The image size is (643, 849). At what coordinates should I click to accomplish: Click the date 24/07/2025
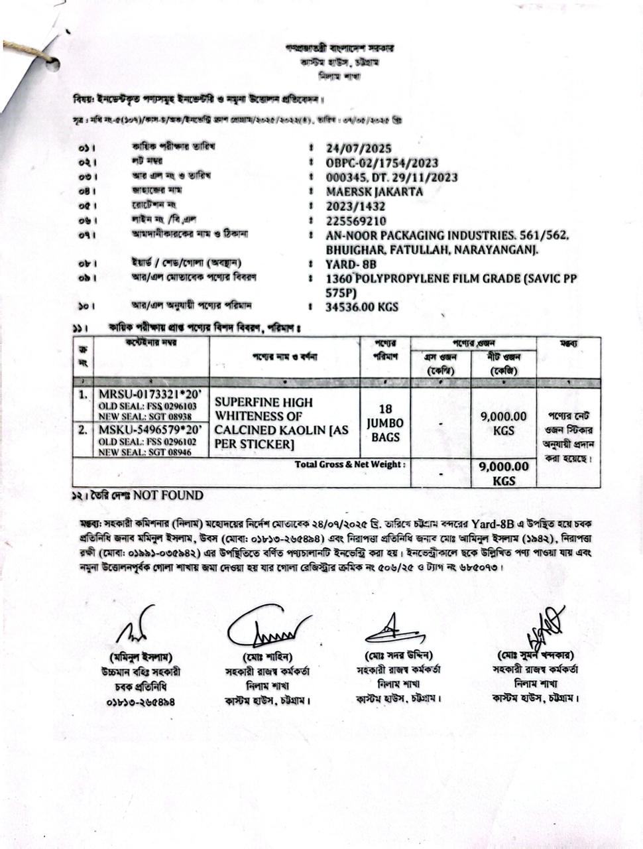(x=359, y=148)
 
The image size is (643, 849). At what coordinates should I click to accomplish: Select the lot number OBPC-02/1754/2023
(x=381, y=163)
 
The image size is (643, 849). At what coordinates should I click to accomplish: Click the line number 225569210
(x=356, y=221)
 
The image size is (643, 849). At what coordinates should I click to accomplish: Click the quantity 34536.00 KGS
(x=362, y=307)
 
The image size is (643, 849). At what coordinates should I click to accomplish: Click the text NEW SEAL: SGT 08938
(x=145, y=416)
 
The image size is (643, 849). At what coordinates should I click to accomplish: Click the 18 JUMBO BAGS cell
(x=385, y=423)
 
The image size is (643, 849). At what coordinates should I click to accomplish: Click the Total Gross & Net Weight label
(x=348, y=464)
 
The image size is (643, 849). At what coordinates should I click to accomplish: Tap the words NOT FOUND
(x=168, y=495)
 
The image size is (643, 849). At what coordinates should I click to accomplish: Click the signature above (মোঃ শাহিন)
(x=266, y=627)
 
